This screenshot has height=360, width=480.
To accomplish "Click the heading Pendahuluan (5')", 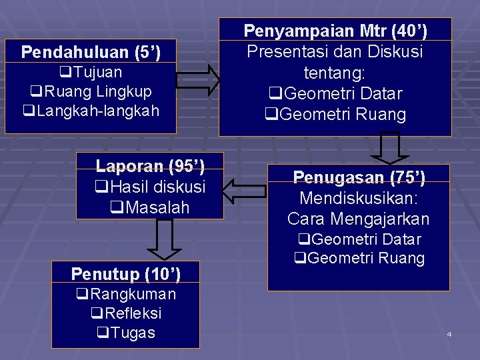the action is coord(99,51).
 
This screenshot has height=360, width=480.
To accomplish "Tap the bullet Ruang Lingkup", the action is coord(91,91).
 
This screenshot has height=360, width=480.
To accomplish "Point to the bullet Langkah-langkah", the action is coord(92,110).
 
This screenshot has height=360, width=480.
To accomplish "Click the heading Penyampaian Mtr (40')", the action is coord(335,31).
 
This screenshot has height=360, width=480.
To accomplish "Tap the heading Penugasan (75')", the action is coord(359,177).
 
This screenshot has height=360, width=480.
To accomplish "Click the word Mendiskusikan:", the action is coord(359,198).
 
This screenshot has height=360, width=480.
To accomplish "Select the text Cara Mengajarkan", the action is coord(359,219).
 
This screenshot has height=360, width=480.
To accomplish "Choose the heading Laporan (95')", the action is coord(150,165).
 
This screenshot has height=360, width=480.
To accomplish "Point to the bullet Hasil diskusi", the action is coord(150,187).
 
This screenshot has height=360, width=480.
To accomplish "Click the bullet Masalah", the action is coord(150,207).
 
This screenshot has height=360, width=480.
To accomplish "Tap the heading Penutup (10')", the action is coord(126,273).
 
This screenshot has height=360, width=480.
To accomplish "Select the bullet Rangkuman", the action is coord(126,293).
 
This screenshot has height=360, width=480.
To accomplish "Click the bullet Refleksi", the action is coord(126,313).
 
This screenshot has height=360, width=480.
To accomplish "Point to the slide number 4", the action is coord(449,333).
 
